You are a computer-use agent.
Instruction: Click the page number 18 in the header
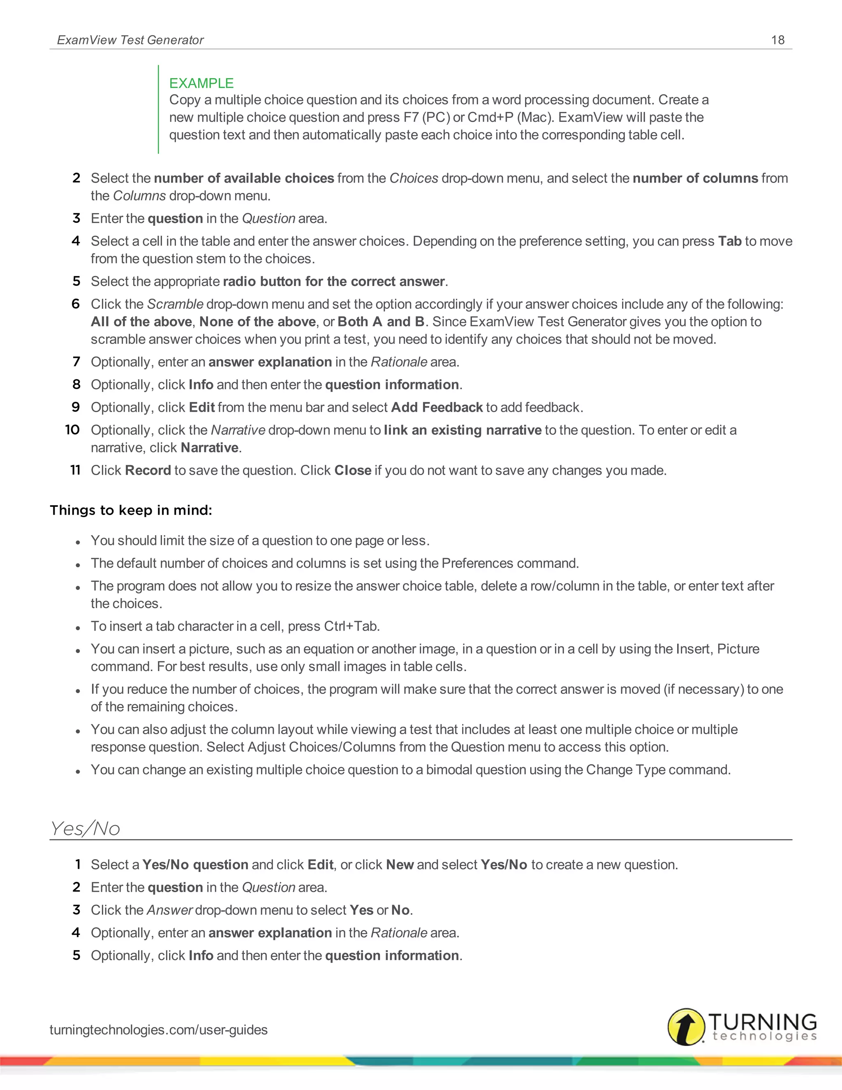pyautogui.click(x=777, y=40)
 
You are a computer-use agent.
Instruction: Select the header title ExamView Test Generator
pyautogui.click(x=130, y=40)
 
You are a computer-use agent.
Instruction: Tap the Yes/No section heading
pyautogui.click(x=85, y=828)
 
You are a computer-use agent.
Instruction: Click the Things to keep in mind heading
pyautogui.click(x=131, y=510)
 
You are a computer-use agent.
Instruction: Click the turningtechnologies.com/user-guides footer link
pyautogui.click(x=158, y=1030)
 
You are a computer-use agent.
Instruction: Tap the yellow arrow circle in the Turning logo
pyautogui.click(x=686, y=1027)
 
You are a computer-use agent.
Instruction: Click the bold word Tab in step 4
pyautogui.click(x=729, y=241)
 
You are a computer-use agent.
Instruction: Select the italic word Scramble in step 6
pyautogui.click(x=175, y=304)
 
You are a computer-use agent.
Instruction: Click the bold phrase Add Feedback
pyautogui.click(x=437, y=407)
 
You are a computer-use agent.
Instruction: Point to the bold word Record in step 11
pyautogui.click(x=148, y=470)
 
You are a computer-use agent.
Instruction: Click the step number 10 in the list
pyautogui.click(x=72, y=430)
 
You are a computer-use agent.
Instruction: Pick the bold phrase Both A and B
pyautogui.click(x=381, y=321)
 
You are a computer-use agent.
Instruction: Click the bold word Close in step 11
pyautogui.click(x=352, y=470)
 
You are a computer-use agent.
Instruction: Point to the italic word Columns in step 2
pyautogui.click(x=139, y=196)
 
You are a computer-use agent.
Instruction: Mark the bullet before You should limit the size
pyautogui.click(x=78, y=542)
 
